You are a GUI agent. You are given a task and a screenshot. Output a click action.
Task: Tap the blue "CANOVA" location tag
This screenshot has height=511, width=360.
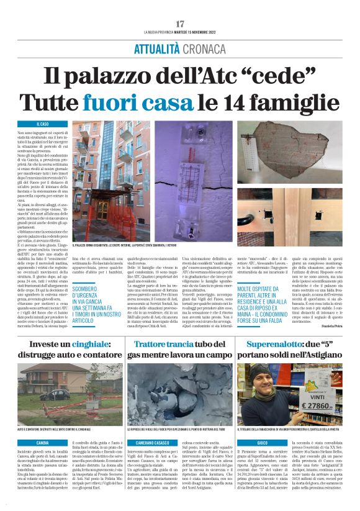43,442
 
